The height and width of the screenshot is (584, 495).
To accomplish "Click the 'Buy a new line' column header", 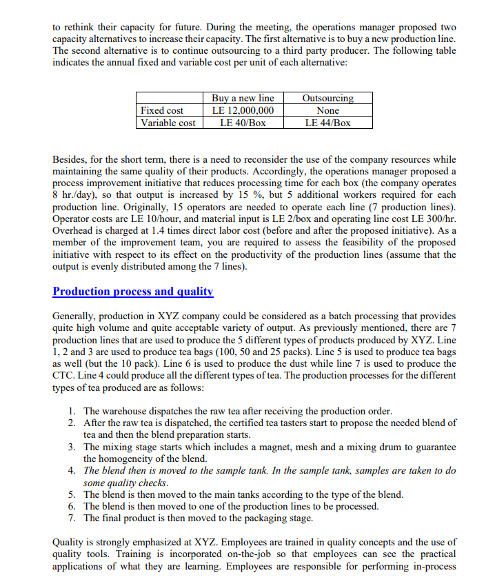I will point(242,98).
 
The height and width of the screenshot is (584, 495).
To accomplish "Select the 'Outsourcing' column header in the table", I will point(327,98).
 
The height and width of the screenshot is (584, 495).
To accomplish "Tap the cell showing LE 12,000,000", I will point(242,110).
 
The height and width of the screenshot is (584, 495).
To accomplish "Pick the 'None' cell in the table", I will point(327,110).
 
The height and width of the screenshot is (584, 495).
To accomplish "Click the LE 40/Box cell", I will point(242,123).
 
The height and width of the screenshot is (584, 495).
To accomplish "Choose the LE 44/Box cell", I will point(327,123).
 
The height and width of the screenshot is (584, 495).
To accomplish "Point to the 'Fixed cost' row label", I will point(162,110).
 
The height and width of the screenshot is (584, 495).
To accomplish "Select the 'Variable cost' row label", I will point(168,123).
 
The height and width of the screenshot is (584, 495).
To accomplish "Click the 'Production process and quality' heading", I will point(133,291).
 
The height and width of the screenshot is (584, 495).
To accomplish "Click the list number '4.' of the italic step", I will point(72,471).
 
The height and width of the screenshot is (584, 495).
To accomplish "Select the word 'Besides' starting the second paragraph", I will point(70,159).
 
